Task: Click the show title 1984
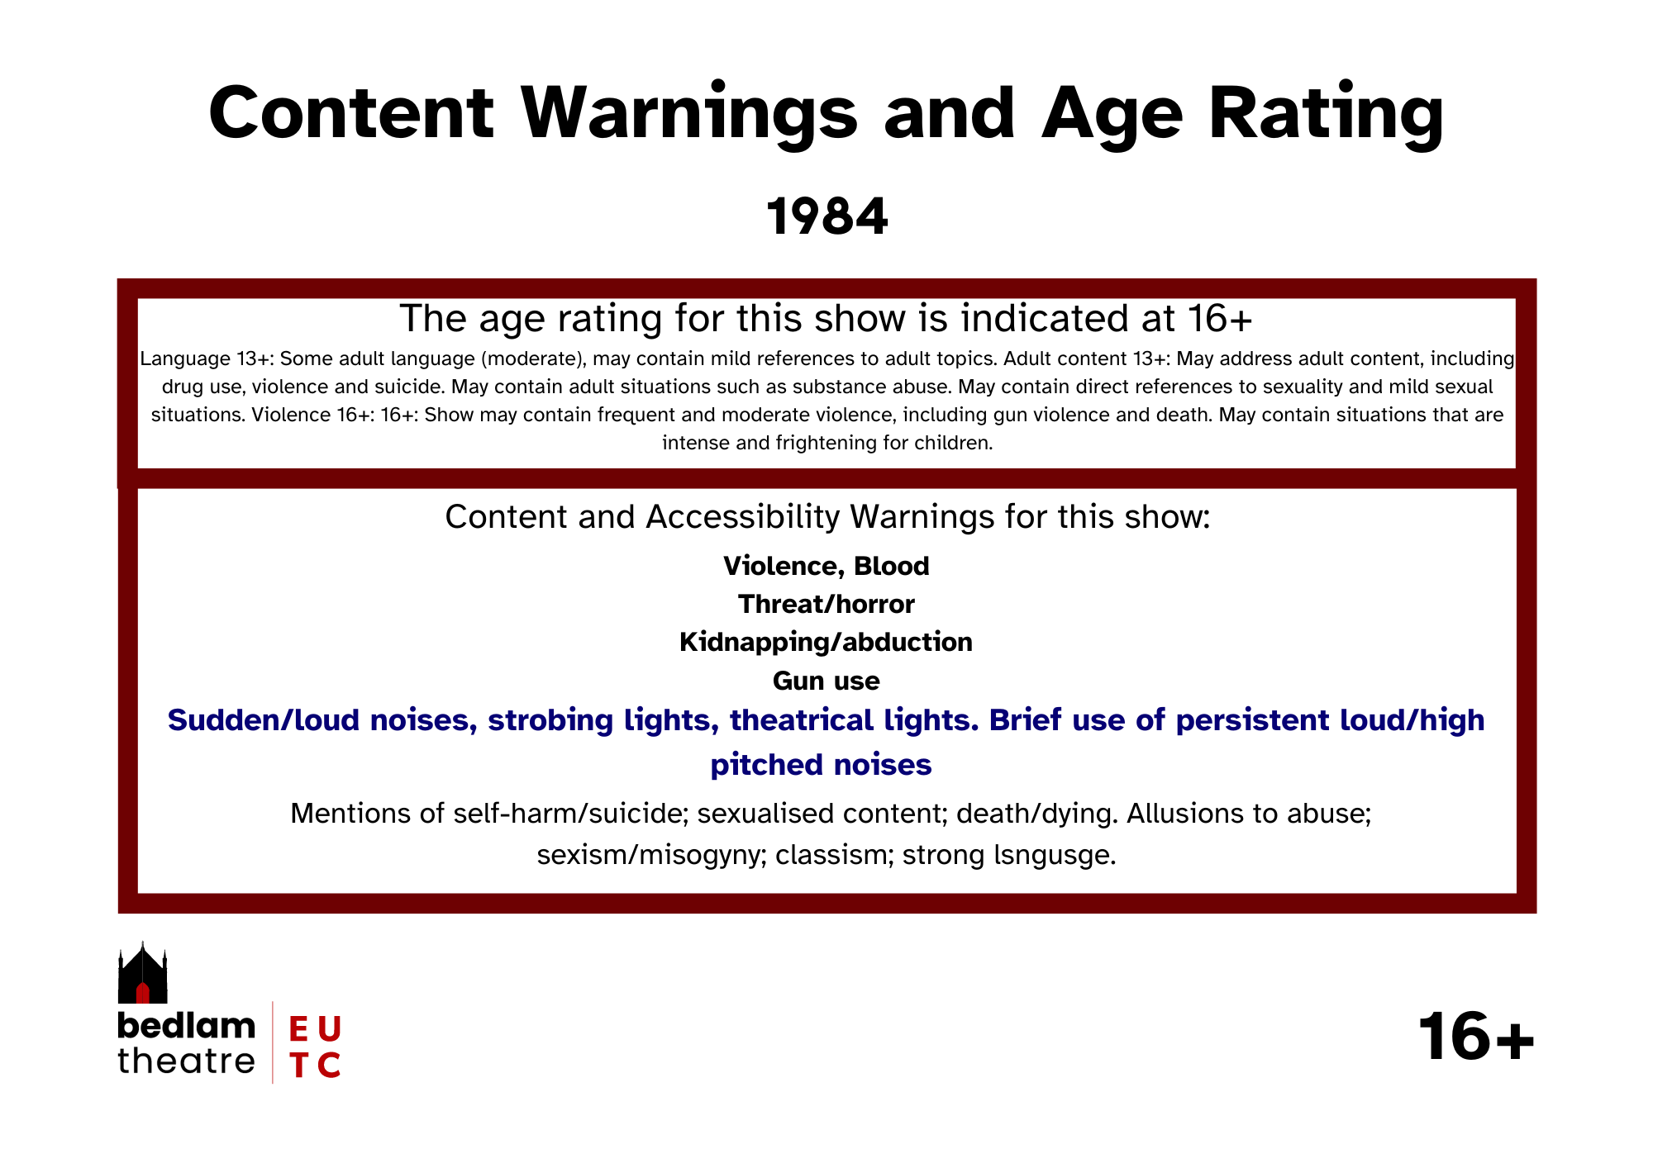(827, 216)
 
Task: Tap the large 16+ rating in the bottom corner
(1476, 1037)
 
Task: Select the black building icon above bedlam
(143, 973)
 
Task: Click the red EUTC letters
(315, 1047)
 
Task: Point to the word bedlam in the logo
(187, 1025)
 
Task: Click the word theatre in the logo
(187, 1061)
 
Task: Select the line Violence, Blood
(826, 566)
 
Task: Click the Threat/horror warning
(826, 604)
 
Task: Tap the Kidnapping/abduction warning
(826, 642)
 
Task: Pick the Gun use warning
(826, 681)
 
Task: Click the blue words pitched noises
(822, 765)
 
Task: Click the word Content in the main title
(351, 114)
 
